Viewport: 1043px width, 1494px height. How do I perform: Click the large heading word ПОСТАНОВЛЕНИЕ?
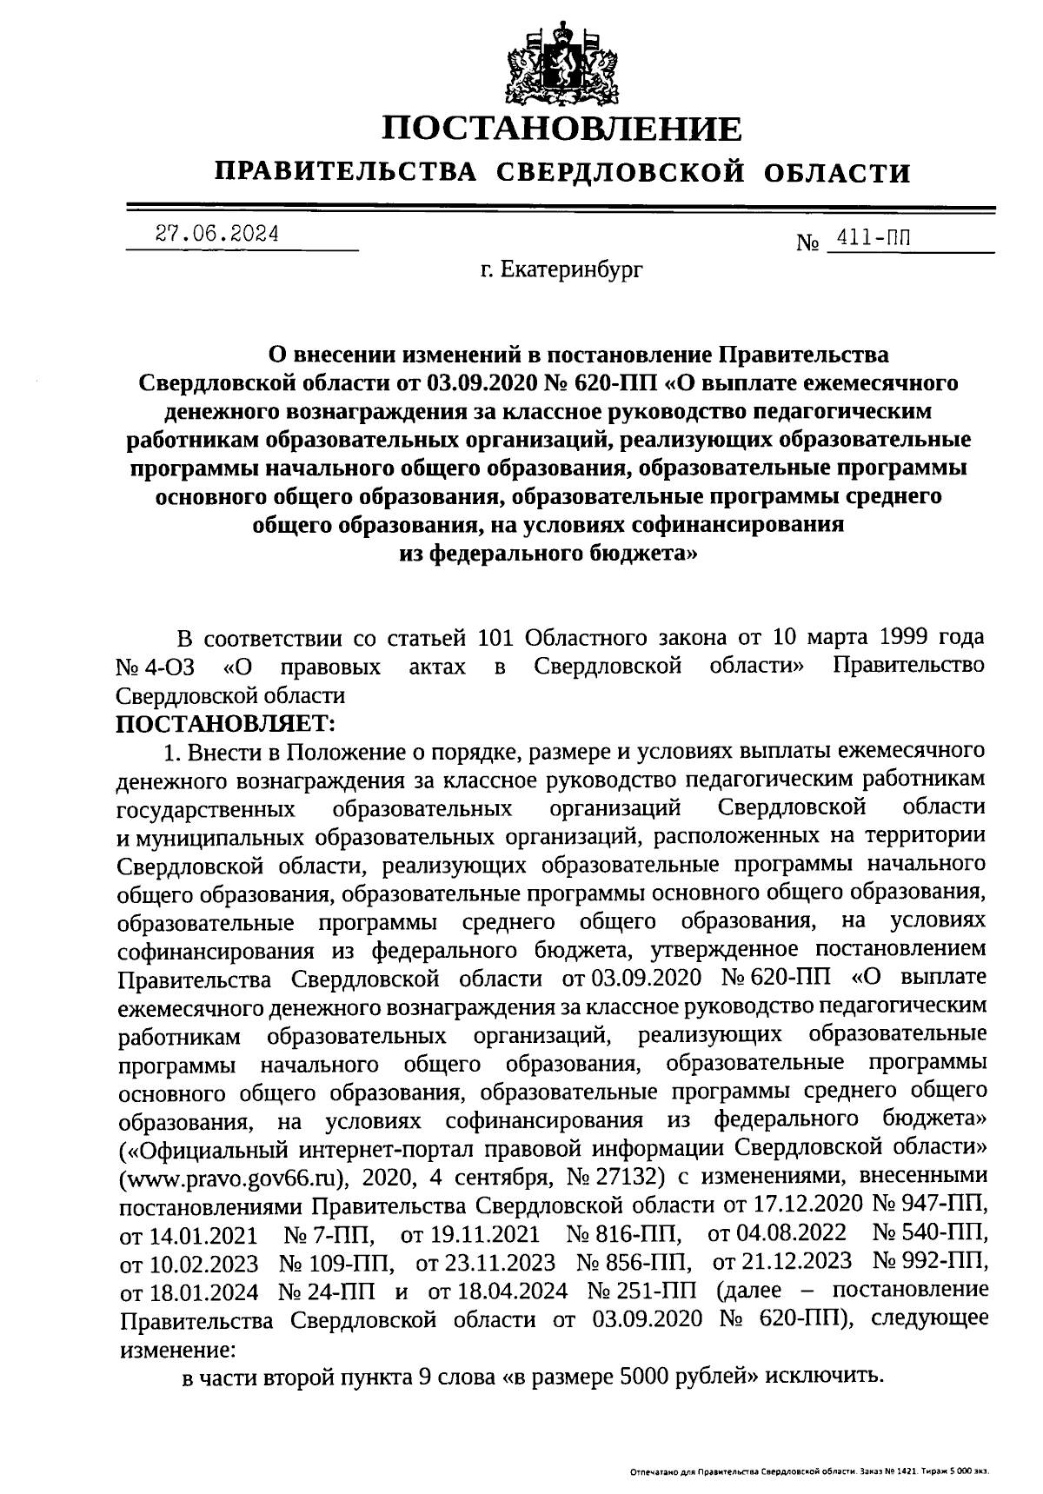tap(563, 129)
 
